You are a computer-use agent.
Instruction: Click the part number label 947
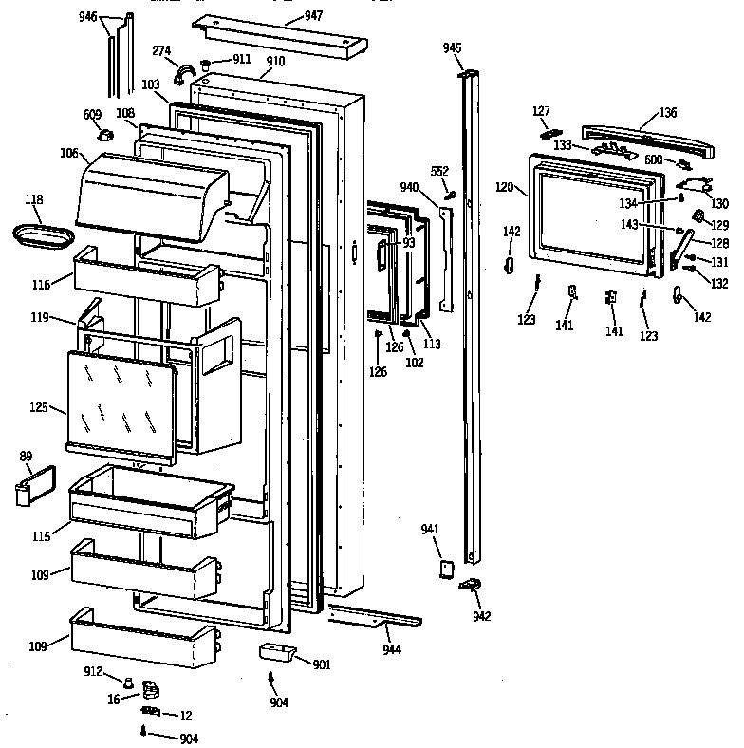tap(314, 16)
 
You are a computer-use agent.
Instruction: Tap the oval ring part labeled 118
tap(43, 234)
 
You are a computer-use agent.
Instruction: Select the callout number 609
tap(92, 115)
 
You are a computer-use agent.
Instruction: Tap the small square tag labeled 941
tap(439, 568)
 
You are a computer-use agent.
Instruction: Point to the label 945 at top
tap(453, 47)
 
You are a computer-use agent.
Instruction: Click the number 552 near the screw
tap(439, 170)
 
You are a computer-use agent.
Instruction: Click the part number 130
tap(720, 203)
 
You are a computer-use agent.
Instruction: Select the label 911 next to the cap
tap(242, 60)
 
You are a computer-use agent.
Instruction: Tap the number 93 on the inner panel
tap(408, 243)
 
